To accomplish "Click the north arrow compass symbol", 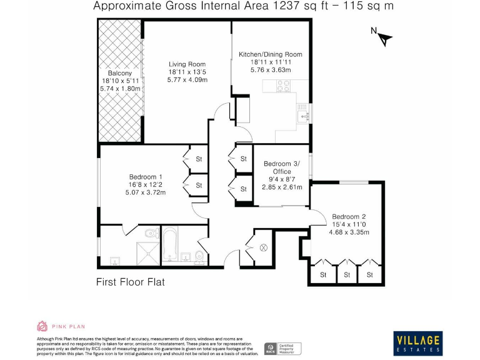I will point(382,37).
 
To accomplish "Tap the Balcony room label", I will point(120,72).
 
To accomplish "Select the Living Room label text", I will point(187,64).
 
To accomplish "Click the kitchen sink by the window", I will point(304,115).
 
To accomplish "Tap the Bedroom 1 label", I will point(147,176).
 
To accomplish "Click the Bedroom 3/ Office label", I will point(281,167).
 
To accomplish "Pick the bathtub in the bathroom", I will point(171,244).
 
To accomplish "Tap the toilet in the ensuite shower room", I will point(149,233).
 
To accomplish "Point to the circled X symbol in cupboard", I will point(263,247).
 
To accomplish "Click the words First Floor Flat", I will point(131,282).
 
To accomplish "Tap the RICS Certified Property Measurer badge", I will point(283,347).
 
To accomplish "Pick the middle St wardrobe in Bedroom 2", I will point(346,274).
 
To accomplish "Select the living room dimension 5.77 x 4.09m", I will point(187,80).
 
